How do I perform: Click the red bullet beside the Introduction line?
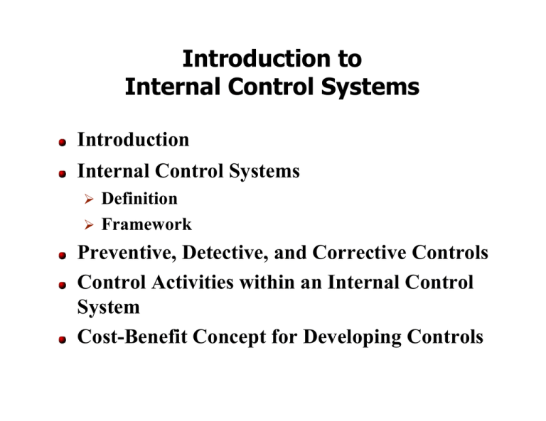click(x=63, y=142)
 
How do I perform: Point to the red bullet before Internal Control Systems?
click(x=63, y=173)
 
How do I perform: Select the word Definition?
click(x=139, y=198)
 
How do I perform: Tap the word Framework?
click(x=146, y=224)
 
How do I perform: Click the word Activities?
click(x=191, y=283)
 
